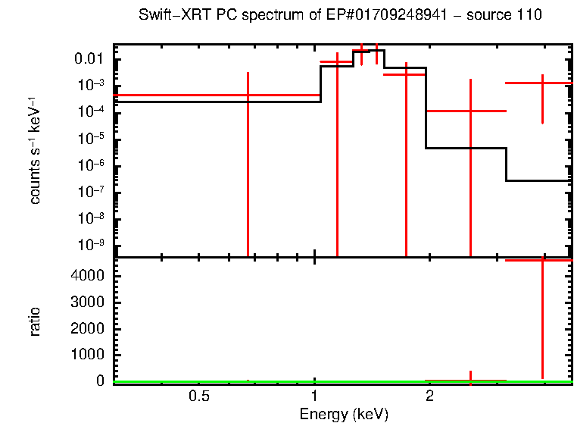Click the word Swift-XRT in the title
pyautogui.click(x=168, y=15)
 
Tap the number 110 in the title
pyautogui.click(x=531, y=15)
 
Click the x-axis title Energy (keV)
pyautogui.click(x=343, y=414)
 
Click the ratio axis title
pyautogui.click(x=35, y=321)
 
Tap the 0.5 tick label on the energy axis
pyautogui.click(x=199, y=396)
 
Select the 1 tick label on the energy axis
pyautogui.click(x=314, y=396)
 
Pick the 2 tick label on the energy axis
pyautogui.click(x=429, y=396)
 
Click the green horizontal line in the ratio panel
pyautogui.click(x=227, y=382)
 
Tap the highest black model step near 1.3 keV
pyautogui.click(x=369, y=51)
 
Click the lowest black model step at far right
pyautogui.click(x=538, y=180)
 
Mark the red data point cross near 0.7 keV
pyautogui.click(x=248, y=95)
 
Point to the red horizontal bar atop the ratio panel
pyautogui.click(x=538, y=260)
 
